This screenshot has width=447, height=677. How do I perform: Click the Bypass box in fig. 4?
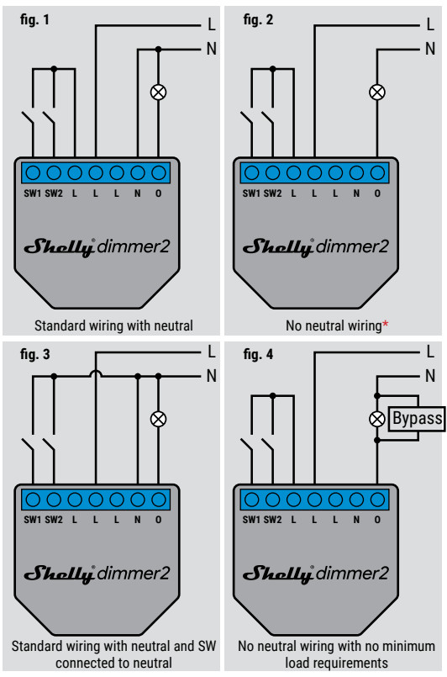click(417, 418)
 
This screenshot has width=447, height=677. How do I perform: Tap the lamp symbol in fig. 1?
click(158, 92)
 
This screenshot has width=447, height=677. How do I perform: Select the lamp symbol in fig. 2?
click(377, 92)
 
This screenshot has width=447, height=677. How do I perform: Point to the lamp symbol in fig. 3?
click(158, 419)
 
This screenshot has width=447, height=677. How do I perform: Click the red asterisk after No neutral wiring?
click(386, 324)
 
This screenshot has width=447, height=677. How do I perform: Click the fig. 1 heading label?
click(34, 19)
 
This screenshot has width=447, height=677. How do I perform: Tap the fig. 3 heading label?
click(35, 354)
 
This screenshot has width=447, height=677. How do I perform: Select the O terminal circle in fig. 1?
click(159, 173)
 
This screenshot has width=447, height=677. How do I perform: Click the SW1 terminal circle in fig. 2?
click(251, 173)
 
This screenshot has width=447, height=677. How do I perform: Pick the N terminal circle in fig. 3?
click(138, 500)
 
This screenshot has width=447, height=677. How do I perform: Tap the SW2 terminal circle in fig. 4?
click(273, 500)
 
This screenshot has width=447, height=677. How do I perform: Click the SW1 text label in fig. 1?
click(33, 193)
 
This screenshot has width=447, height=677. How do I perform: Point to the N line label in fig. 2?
click(429, 49)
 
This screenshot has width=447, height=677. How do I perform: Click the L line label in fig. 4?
click(430, 352)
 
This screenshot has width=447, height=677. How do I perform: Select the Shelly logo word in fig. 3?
click(60, 574)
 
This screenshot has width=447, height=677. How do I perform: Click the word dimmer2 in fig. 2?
click(352, 246)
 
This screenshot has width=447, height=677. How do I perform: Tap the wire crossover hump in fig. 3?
click(95, 373)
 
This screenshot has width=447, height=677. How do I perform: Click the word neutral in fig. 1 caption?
click(171, 325)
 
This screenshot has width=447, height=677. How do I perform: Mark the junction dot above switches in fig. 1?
click(54, 69)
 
